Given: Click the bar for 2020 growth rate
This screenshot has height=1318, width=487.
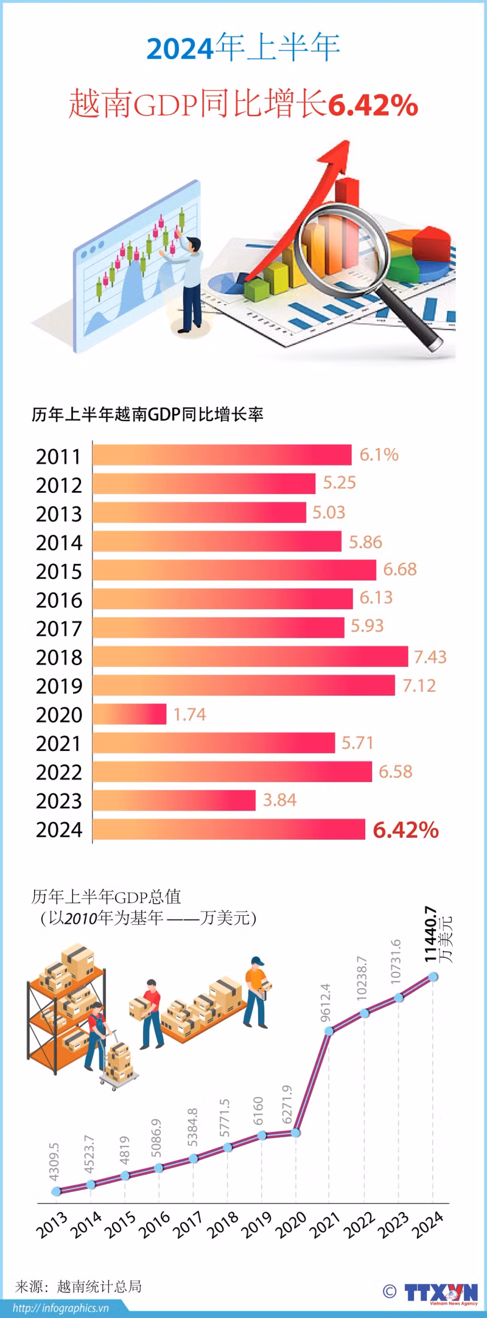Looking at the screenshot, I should tap(130, 714).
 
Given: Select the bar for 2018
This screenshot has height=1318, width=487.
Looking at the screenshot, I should tap(250, 657).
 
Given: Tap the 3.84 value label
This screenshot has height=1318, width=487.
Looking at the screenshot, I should tap(279, 800).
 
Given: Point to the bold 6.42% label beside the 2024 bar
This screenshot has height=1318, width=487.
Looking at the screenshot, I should tap(405, 829).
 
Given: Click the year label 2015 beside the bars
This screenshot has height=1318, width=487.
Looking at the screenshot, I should tap(58, 571).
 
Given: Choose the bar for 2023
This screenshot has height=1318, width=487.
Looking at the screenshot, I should tap(174, 800).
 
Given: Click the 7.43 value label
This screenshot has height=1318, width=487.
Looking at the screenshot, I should tap(430, 657).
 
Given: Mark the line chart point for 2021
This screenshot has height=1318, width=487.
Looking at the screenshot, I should tap(329, 1031).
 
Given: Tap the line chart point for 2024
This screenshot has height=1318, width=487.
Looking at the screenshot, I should tap(433, 977).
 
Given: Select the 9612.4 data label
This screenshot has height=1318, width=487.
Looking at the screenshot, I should tap(325, 1002).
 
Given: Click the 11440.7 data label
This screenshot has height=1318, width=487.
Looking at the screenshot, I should tap(431, 934).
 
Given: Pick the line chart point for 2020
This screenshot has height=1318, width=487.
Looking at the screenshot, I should tap(296, 1133).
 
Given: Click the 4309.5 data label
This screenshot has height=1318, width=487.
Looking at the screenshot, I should tap(54, 1161).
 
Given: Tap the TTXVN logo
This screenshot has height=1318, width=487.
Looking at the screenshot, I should tap(441, 1292).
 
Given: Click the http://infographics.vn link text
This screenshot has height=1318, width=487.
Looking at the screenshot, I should tap(60, 1308).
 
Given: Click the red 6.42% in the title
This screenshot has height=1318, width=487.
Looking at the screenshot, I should tap(373, 105).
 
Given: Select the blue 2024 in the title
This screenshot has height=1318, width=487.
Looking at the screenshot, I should tap(180, 49).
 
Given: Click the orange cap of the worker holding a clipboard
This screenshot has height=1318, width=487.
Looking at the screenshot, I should tap(258, 962).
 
